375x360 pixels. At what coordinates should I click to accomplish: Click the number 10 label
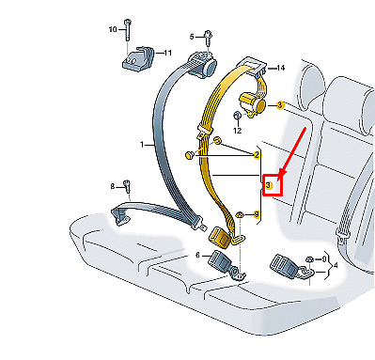click(113, 29)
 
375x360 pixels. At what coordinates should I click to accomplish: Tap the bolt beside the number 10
click(128, 30)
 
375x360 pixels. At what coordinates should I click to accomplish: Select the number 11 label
click(168, 53)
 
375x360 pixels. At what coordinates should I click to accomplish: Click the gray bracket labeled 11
click(138, 59)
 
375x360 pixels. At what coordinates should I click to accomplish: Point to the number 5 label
click(192, 38)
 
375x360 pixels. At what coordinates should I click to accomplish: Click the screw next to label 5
click(209, 38)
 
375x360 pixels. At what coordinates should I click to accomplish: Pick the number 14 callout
click(280, 68)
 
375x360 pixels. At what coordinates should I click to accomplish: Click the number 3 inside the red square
click(269, 185)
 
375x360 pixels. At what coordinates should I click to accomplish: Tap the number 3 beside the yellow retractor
click(280, 105)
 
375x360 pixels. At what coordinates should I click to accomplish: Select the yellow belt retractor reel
click(252, 104)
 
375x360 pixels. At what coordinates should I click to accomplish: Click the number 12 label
click(238, 131)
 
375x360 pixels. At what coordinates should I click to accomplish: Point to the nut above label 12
click(237, 116)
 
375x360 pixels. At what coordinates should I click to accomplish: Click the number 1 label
click(142, 145)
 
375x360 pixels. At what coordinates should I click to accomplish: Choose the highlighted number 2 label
click(257, 154)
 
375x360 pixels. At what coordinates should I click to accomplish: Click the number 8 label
click(113, 187)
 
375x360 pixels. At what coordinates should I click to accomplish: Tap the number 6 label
click(197, 256)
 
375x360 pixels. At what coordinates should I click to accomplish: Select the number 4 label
click(336, 266)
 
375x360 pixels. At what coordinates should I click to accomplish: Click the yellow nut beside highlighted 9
click(240, 215)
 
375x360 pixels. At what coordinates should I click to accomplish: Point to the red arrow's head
click(282, 173)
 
